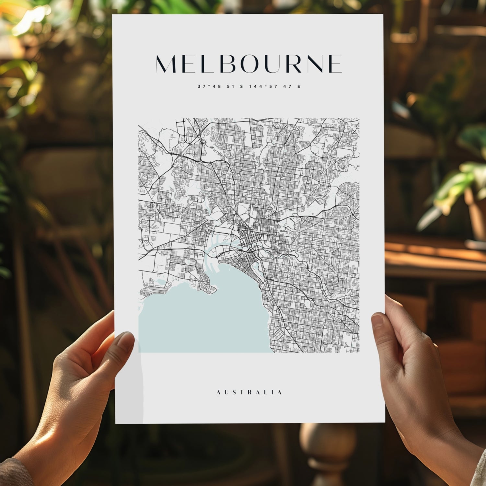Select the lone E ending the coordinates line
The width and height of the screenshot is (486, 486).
299,87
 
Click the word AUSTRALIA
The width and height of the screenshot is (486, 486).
249,392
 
